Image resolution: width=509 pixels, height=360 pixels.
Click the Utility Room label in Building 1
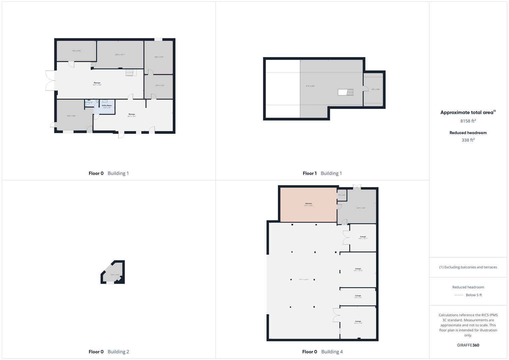(107, 106)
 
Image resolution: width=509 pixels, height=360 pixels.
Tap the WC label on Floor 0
(89, 100)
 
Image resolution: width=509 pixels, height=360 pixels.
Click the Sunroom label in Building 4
(308, 204)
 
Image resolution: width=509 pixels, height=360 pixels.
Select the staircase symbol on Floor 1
(346, 92)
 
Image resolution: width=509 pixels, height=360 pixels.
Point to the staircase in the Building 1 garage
(131, 72)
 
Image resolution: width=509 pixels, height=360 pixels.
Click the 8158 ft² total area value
(468, 121)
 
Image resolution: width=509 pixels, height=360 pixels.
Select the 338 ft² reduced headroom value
(468, 140)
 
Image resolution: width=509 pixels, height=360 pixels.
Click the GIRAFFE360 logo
(468, 345)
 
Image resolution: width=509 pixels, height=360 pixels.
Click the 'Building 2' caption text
(118, 352)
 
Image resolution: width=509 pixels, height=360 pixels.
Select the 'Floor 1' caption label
(310, 173)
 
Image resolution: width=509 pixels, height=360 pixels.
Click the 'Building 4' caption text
(332, 352)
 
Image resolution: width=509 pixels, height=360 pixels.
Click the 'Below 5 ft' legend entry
(474, 295)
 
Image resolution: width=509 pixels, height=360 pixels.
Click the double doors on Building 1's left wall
(50, 80)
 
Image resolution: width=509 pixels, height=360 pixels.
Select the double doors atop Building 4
(357, 187)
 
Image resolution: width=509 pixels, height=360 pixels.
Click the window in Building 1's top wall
(158, 40)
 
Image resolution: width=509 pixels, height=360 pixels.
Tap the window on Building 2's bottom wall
(110, 283)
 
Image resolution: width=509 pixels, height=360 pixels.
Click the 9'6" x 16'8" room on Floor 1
(375, 89)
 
